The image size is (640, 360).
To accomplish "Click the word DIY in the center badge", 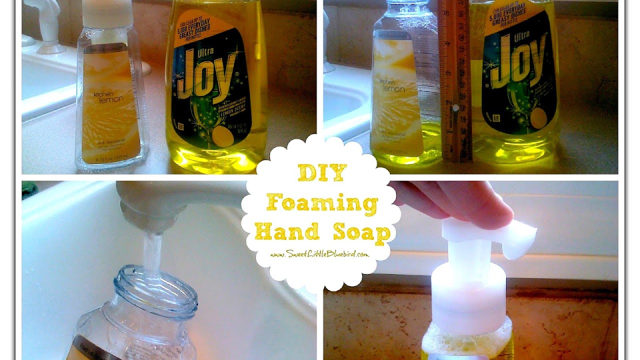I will [x=321, y=173].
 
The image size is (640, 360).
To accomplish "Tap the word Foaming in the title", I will [x=321, y=203].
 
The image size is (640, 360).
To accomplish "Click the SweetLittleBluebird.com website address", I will [x=320, y=254].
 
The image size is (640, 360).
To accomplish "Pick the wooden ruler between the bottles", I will [x=454, y=80].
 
